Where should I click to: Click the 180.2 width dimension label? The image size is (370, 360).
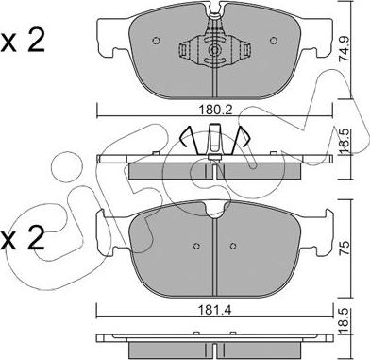pyautogui.click(x=215, y=111)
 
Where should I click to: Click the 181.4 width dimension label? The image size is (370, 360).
pyautogui.click(x=216, y=311)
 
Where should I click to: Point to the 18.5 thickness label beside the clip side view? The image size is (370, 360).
pyautogui.click(x=344, y=143)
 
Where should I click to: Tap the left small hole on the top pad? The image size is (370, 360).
pyautogui.click(x=156, y=41)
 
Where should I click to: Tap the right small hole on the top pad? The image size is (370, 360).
pyautogui.click(x=274, y=41)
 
